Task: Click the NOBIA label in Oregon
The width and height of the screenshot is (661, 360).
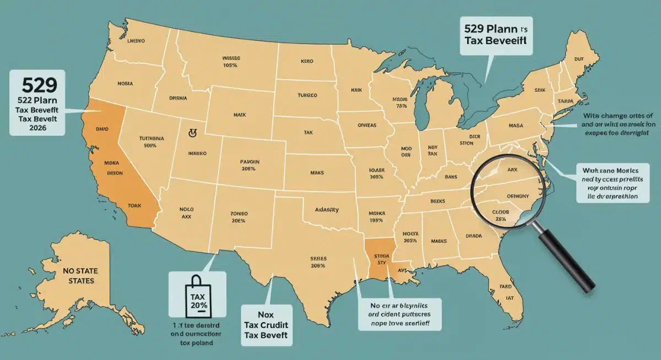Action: tap(125, 84)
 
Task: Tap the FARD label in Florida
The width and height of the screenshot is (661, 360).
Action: tap(505, 287)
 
